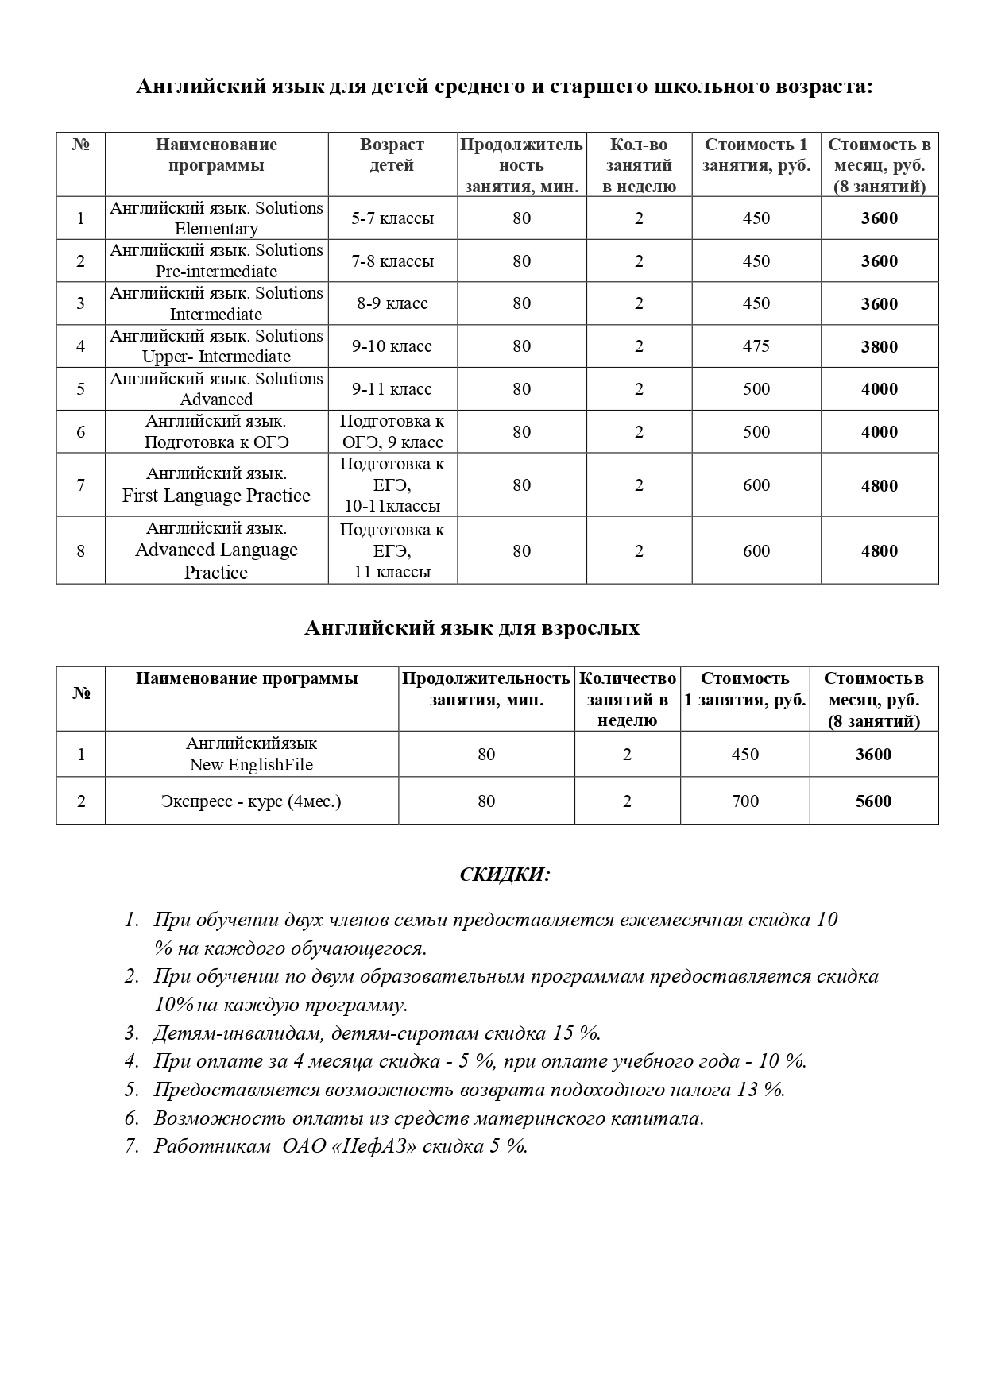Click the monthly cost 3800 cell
point(879,346)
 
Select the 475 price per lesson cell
point(756,346)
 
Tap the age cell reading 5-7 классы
point(392,218)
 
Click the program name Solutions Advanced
point(216,389)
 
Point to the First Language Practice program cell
point(216,485)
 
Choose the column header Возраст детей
point(392,155)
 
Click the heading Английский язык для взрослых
point(472,628)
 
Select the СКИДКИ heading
point(505,875)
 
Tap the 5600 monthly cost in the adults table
point(873,801)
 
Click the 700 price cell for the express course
point(744,801)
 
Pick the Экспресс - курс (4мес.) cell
point(251,801)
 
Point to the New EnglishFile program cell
point(251,755)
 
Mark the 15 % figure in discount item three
point(575,1033)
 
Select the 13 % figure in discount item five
point(760,1090)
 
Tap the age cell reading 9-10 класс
point(392,346)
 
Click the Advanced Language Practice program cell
point(216,550)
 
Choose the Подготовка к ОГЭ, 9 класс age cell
point(392,431)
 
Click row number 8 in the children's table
point(80,550)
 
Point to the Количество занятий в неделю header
point(627,700)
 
